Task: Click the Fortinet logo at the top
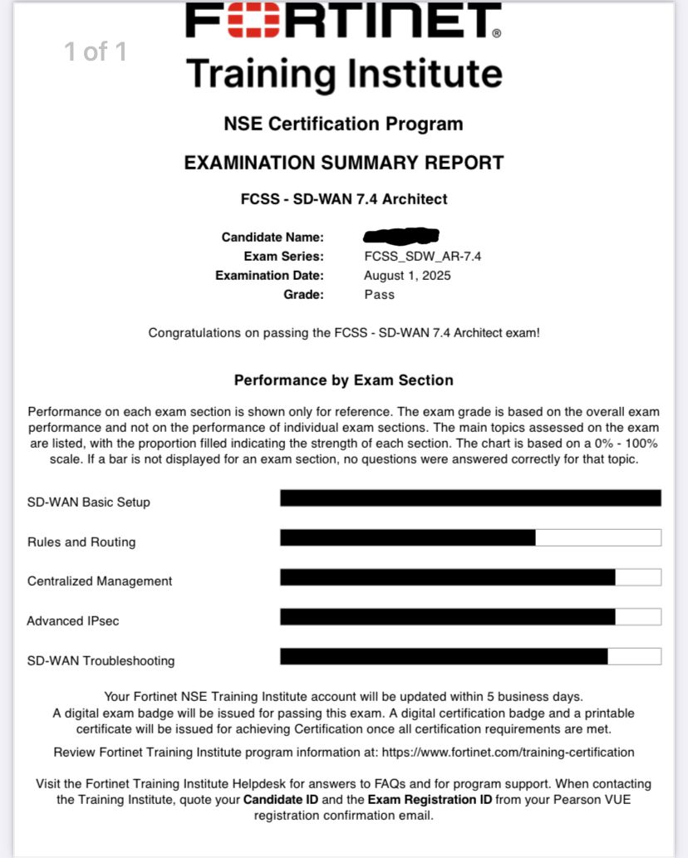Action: (343, 22)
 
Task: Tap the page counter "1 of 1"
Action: (96, 52)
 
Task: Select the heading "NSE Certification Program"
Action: (343, 125)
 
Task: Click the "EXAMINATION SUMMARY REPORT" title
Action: (343, 162)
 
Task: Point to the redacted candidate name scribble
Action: (401, 236)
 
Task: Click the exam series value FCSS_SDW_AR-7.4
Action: (422, 256)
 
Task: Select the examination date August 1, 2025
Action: (407, 275)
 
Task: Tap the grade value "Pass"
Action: (379, 294)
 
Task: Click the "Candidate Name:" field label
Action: (273, 238)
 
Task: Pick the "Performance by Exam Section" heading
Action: (343, 380)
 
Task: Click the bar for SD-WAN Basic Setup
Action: (470, 498)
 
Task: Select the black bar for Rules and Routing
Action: (408, 538)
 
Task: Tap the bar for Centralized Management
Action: (448, 577)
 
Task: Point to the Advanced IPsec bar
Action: (448, 616)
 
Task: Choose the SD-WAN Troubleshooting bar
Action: (444, 656)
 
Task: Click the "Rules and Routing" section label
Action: (81, 542)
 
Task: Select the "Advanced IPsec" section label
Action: (66, 621)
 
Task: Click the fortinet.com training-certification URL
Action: (508, 753)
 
